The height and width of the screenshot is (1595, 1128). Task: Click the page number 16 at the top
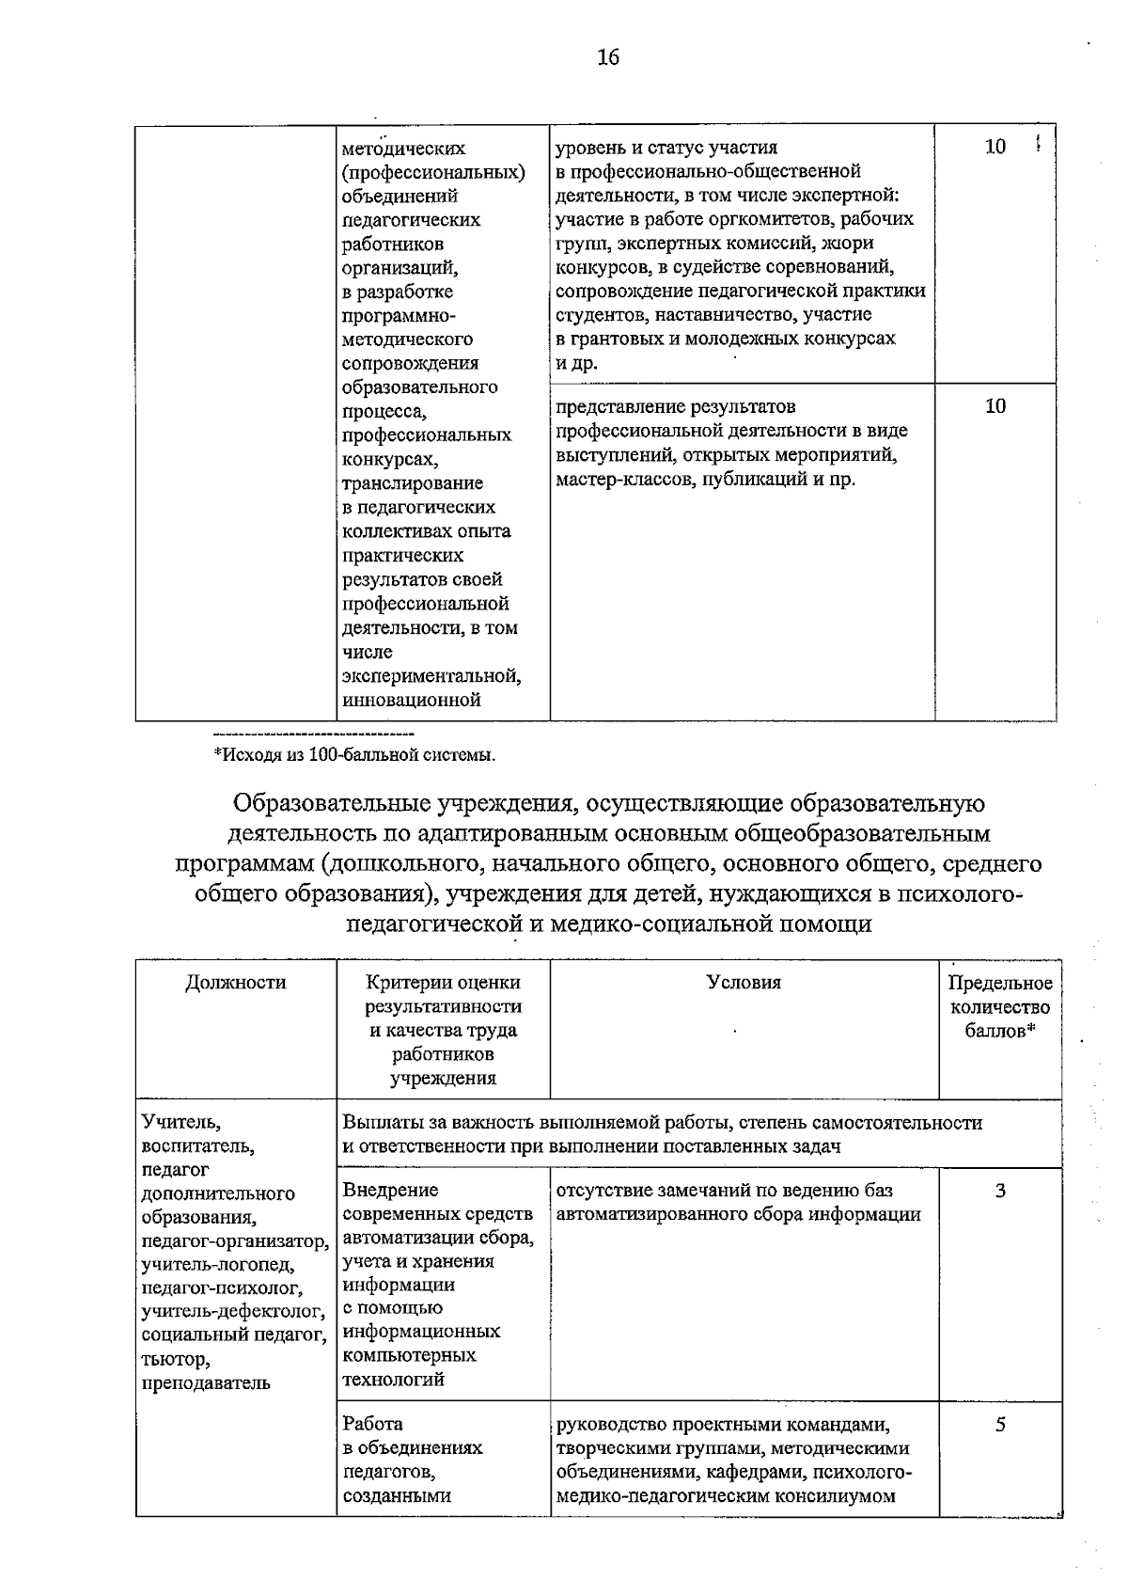(x=608, y=57)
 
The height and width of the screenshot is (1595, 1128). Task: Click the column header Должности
(x=235, y=983)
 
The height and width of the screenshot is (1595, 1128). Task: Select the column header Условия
(x=744, y=983)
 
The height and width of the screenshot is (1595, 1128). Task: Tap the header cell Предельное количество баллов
(x=1000, y=1007)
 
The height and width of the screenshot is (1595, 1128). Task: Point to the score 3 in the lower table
(x=1000, y=1191)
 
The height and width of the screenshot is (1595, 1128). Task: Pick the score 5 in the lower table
(x=1000, y=1424)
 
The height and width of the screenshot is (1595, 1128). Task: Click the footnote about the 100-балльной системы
(x=353, y=754)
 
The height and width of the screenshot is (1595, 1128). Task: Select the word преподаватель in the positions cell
(x=206, y=1382)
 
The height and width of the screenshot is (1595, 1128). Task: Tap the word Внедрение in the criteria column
(x=390, y=1191)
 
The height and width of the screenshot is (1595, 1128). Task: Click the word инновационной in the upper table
(x=412, y=700)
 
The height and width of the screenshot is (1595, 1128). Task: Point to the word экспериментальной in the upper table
(x=431, y=676)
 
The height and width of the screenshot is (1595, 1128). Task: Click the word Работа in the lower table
(x=372, y=1424)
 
